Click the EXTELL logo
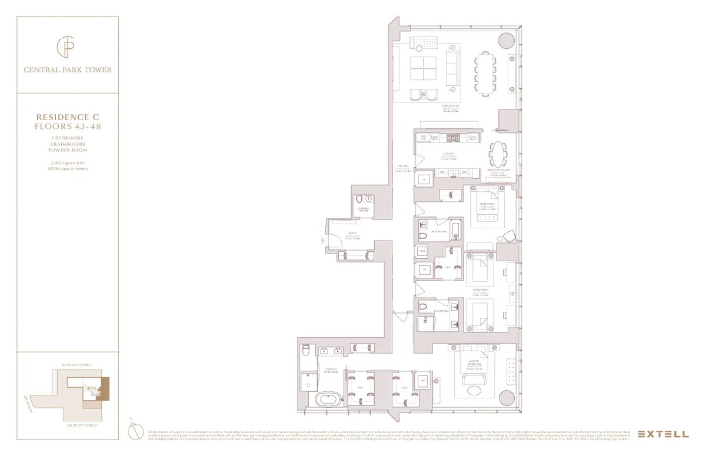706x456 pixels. (663, 434)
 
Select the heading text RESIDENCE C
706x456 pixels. (66, 118)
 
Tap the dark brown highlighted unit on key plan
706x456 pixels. (106, 388)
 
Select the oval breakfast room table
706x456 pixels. (498, 155)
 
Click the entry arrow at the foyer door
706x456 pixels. (322, 240)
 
